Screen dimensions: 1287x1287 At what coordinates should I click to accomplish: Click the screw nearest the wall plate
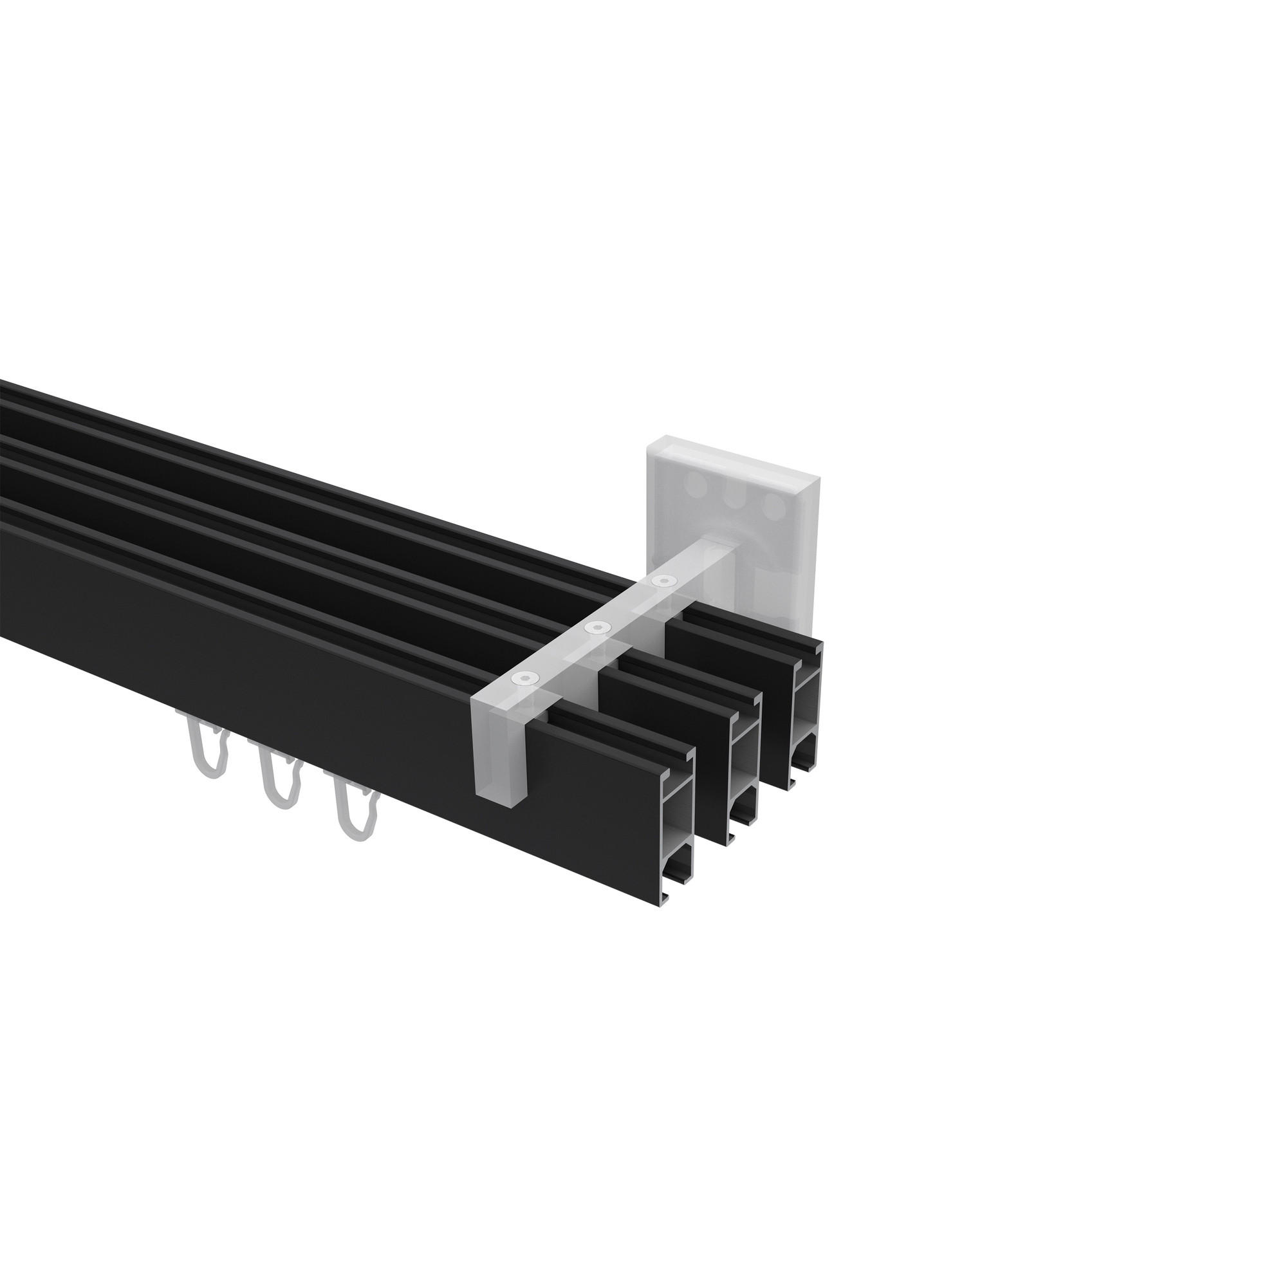pyautogui.click(x=662, y=582)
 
